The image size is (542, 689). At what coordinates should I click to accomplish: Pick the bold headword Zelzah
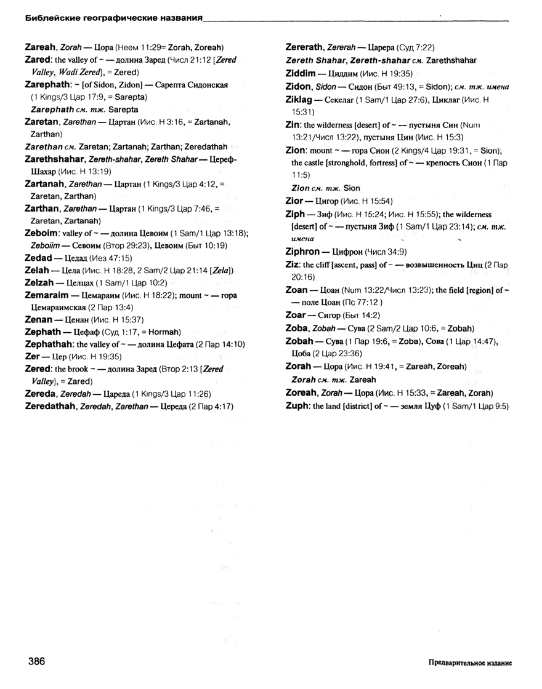tap(40, 282)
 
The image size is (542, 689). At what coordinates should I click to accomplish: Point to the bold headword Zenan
tap(38, 319)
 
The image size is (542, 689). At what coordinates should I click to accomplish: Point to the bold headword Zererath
tap(308, 47)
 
